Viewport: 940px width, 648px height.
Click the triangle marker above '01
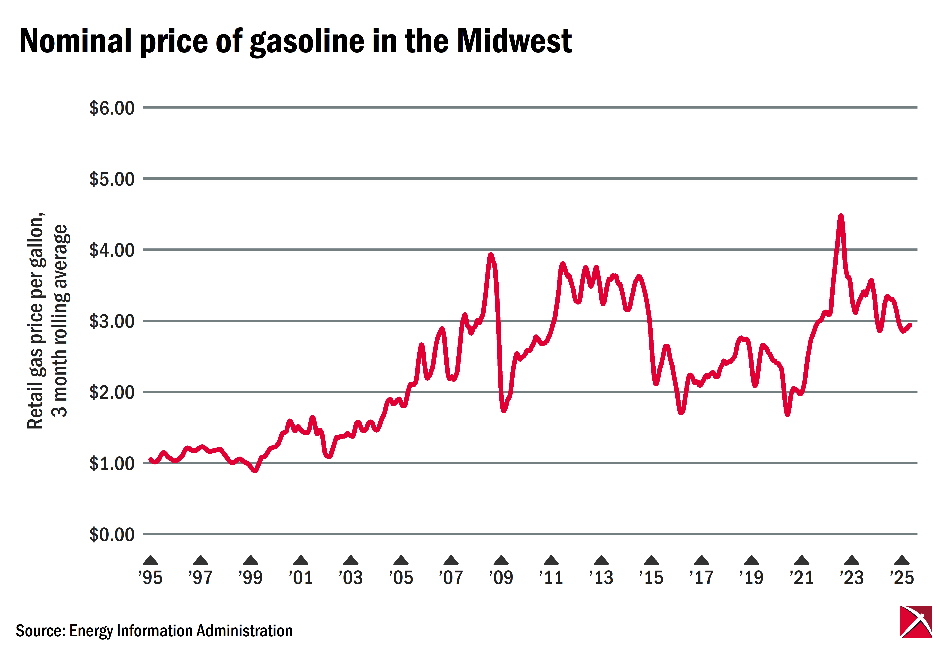[x=301, y=561]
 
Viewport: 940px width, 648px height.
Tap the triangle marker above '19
[x=751, y=561]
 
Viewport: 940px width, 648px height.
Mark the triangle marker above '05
[x=401, y=561]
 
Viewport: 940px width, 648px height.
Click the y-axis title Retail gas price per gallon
[x=36, y=321]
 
